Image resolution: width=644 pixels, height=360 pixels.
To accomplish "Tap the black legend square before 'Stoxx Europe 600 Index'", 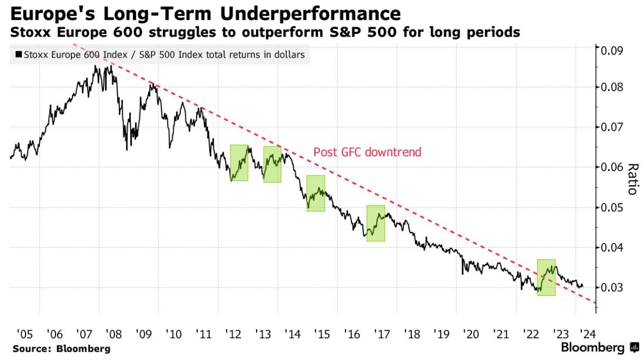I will coord(19,54).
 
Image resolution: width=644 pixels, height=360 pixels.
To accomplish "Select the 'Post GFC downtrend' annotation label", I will coord(367,152).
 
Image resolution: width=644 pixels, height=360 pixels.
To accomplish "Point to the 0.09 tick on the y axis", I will coord(610,51).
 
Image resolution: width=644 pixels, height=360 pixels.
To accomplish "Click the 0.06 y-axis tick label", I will coord(610,167).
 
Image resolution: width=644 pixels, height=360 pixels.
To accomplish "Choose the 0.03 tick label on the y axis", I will coord(610,288).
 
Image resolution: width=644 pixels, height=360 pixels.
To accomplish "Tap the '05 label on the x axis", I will coord(25,333).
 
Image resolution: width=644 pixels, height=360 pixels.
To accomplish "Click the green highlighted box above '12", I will coord(239,162).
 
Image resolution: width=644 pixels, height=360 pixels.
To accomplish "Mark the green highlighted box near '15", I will coord(315,193).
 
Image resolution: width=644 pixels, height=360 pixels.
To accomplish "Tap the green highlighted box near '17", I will coord(375,223).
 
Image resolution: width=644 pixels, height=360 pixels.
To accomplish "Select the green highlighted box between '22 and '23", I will coord(546,277).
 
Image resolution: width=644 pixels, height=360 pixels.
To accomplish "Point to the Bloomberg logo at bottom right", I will coord(600,347).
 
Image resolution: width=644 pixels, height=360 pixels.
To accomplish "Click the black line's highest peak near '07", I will coord(95,66).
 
